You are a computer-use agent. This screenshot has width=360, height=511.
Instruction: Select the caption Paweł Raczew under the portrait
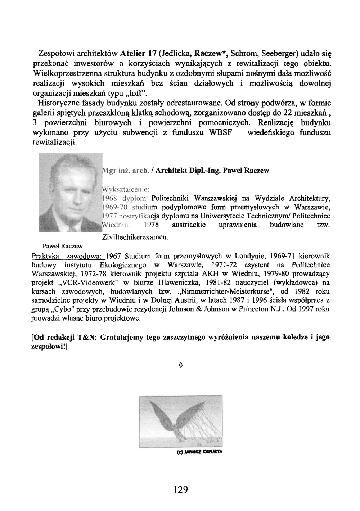pyautogui.click(x=63, y=246)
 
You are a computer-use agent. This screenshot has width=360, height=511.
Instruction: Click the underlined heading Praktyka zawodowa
pyautogui.click(x=67, y=256)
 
